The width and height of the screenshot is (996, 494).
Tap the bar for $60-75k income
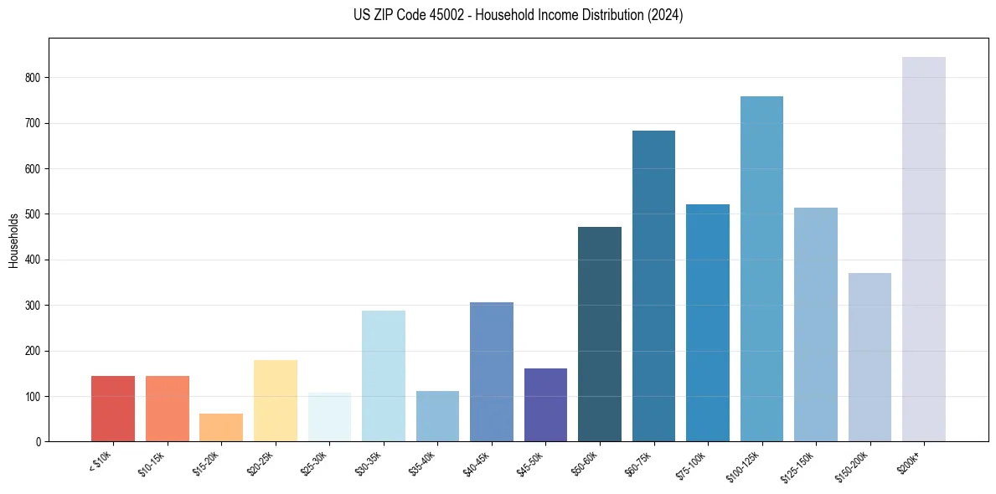[x=653, y=286]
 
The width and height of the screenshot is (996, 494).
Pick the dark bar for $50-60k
[x=599, y=334]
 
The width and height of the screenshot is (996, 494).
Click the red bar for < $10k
[x=113, y=409]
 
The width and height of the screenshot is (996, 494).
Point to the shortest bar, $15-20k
[x=221, y=427]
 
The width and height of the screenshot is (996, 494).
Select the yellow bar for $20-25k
[x=275, y=400]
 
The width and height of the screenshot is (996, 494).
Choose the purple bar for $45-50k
[x=545, y=404]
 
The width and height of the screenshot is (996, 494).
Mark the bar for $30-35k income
[x=383, y=376]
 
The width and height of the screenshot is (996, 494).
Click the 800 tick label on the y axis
[x=33, y=78]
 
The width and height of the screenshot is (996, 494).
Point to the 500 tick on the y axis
[x=33, y=214]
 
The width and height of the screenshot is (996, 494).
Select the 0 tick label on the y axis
[x=38, y=442]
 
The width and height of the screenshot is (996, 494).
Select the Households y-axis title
[x=13, y=240]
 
